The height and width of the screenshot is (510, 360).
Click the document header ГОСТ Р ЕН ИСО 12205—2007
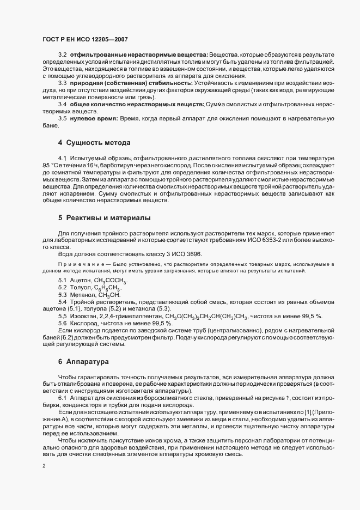coord(86,40)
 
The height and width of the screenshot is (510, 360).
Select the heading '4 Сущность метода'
coord(94,143)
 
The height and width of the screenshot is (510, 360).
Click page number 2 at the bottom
coord(44,466)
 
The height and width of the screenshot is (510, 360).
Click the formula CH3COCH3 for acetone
coord(111,281)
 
